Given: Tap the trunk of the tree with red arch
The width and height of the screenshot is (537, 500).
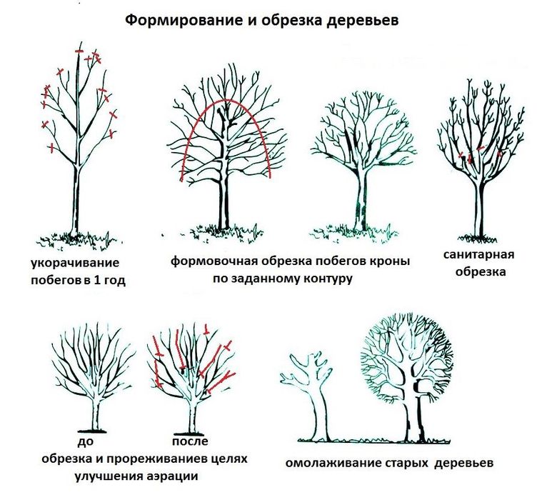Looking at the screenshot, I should [x=224, y=193].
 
